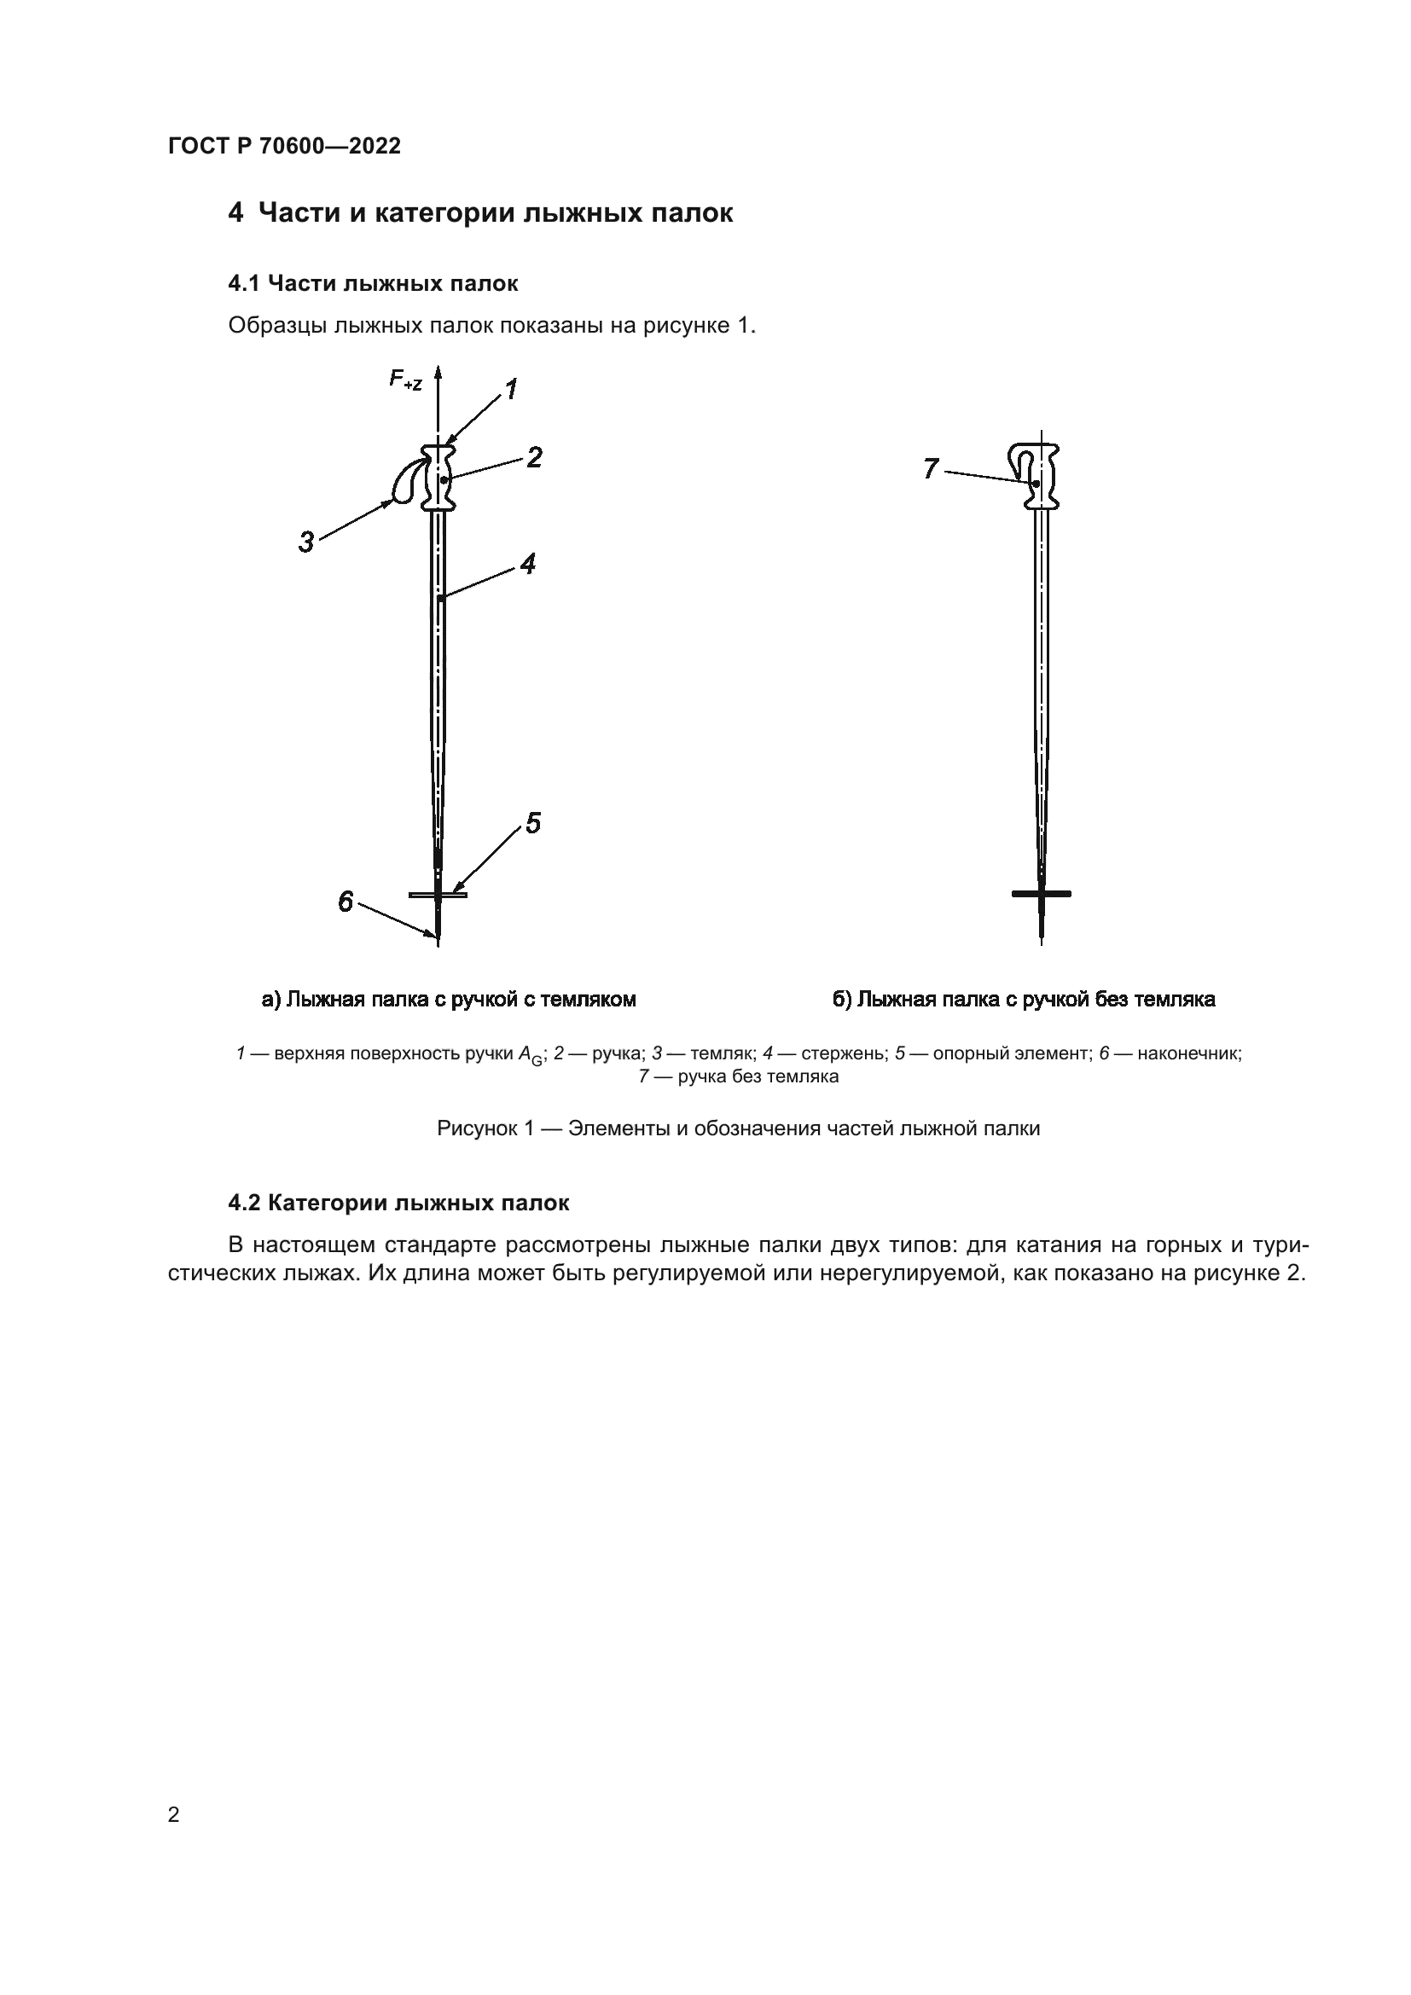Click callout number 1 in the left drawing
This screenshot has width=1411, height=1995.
pos(512,389)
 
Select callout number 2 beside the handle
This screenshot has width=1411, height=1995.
pos(534,457)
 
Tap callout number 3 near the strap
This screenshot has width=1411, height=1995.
pos(306,542)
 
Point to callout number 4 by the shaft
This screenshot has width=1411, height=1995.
pos(527,564)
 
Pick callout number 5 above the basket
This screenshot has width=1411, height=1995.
pos(532,823)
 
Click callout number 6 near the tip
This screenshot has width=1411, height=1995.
pos(345,902)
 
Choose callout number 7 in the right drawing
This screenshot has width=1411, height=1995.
pos(931,469)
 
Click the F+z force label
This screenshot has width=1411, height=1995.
pos(405,380)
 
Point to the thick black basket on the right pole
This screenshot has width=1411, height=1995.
pos(1041,893)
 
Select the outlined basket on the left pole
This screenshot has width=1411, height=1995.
pos(437,894)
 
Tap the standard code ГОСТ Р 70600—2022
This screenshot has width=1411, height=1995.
pos(284,146)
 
